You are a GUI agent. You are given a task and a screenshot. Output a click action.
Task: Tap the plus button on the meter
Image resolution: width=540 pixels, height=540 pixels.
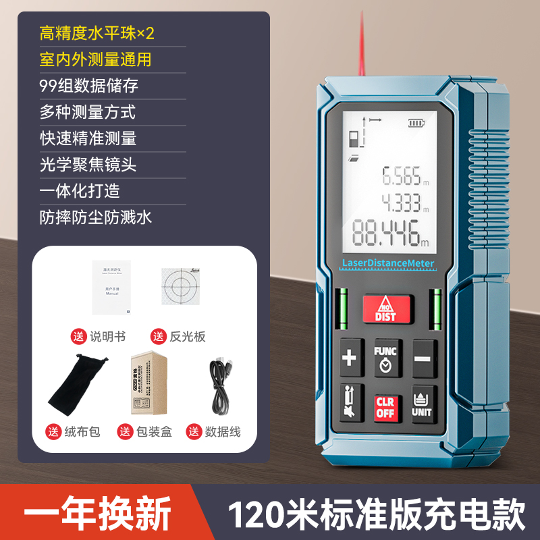click(349, 358)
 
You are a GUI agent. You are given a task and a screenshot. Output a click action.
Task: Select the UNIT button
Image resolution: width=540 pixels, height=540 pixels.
click(421, 404)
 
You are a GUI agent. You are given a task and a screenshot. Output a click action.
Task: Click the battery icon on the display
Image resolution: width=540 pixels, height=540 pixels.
click(416, 124)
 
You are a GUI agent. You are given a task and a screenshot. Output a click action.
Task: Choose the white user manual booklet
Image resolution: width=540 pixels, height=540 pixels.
click(111, 287)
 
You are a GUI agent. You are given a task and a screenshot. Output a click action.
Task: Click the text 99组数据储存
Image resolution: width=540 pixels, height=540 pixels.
click(89, 86)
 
